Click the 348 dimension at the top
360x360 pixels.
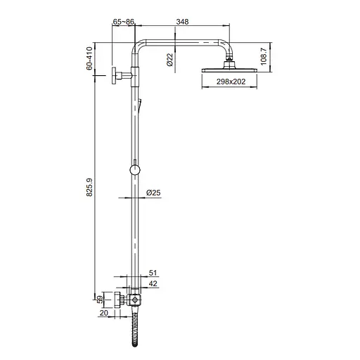point(182,22)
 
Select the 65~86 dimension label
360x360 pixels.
point(124,22)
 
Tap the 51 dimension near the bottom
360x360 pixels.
point(154,273)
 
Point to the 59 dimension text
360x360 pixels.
point(99,300)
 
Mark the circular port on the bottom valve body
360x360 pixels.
point(135,301)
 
